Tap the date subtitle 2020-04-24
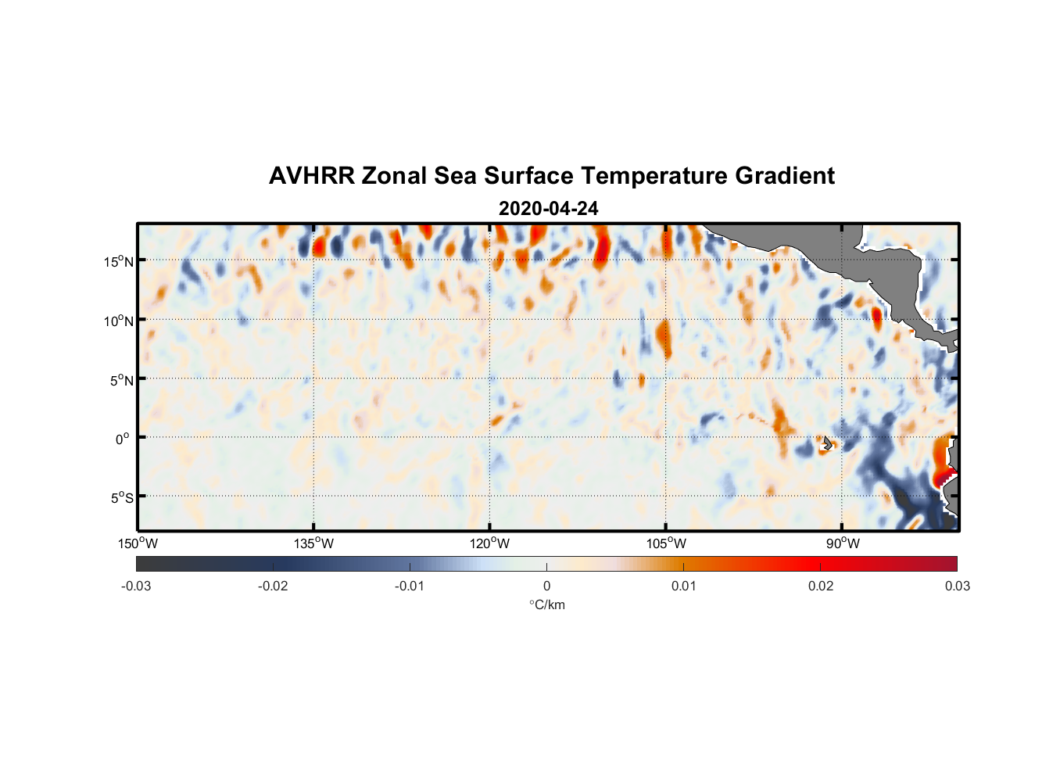[x=548, y=209]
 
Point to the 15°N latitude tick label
[x=119, y=261]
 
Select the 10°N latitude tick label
[x=119, y=321]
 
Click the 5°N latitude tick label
[x=121, y=380]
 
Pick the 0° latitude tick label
[x=124, y=439]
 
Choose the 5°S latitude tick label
[x=121, y=498]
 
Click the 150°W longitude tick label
[x=138, y=543]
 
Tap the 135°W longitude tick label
[x=314, y=543]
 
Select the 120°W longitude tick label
[x=490, y=543]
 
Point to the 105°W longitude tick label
[x=666, y=543]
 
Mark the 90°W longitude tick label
[x=842, y=543]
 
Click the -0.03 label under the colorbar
[x=136, y=586]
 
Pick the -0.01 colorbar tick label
[x=410, y=586]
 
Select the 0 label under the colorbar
[x=546, y=586]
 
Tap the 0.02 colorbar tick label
[x=821, y=586]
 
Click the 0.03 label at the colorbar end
[x=957, y=586]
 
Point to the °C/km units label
[x=546, y=604]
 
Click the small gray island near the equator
[x=827, y=443]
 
